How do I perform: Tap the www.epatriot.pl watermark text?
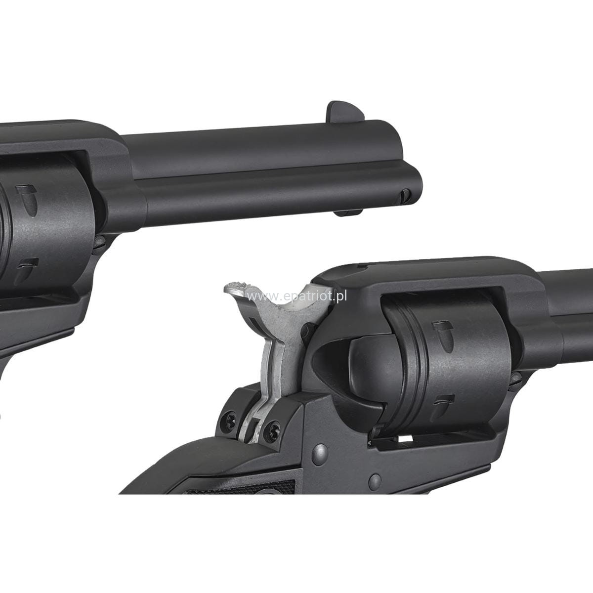click(297, 296)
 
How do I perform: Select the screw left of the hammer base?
click(230, 419)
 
